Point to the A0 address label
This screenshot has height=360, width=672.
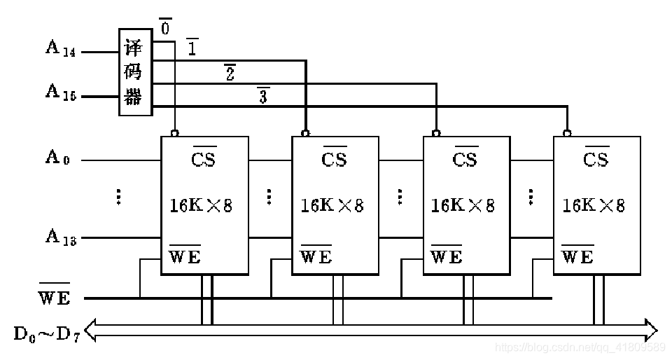[58, 158]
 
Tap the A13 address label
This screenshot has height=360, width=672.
[61, 237]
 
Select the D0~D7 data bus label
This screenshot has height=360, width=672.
[47, 333]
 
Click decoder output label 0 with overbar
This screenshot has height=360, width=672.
[165, 28]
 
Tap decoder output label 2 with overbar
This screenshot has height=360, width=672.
[230, 73]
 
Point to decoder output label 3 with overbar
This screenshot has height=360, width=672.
[263, 96]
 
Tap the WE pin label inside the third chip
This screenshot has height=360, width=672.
[447, 256]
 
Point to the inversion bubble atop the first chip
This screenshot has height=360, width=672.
[174, 132]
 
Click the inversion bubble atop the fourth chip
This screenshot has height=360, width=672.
[567, 132]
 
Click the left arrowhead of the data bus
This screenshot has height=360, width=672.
[90, 330]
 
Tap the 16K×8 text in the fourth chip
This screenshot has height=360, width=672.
[593, 205]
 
